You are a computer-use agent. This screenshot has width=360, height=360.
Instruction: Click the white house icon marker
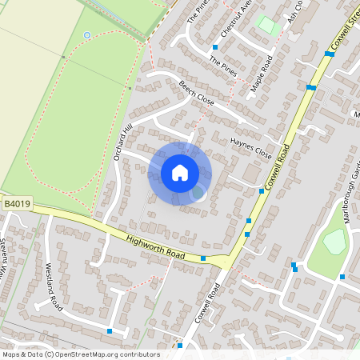pos(180,172)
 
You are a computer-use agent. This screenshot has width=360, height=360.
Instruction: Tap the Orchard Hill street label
pos(122,143)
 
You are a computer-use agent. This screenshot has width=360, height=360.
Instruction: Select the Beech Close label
pos(197,94)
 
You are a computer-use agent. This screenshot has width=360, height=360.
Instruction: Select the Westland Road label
pos(54,287)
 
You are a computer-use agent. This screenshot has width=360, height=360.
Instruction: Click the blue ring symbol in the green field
pos(86,35)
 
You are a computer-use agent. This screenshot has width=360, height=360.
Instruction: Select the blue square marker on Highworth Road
pos(203,258)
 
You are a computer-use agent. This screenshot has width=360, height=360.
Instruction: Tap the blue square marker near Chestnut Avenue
pos(215,47)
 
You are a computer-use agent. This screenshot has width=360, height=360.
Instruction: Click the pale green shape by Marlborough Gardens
pos(334,241)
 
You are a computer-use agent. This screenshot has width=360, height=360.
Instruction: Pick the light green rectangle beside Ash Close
pos(269,26)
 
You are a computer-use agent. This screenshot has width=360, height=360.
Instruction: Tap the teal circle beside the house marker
pos(198,192)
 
